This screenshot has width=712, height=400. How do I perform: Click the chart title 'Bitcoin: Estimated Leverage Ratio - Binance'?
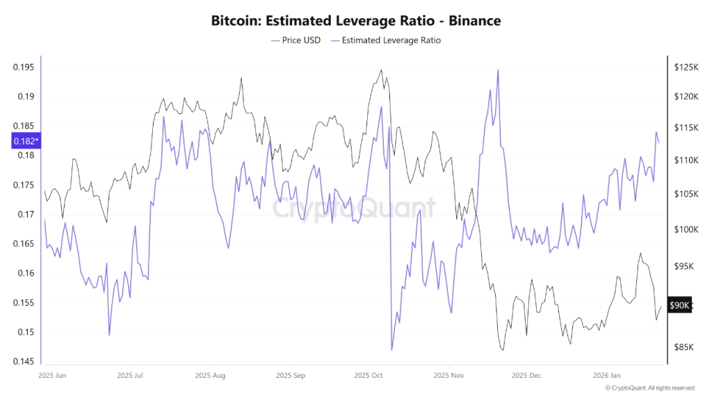pyautogui.click(x=355, y=21)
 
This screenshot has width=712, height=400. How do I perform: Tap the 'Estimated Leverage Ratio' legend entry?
pyautogui.click(x=386, y=40)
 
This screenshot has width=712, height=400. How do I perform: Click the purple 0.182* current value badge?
pyautogui.click(x=26, y=142)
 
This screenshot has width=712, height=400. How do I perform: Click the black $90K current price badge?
pyautogui.click(x=679, y=306)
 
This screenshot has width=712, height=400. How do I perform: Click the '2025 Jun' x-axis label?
pyautogui.click(x=53, y=375)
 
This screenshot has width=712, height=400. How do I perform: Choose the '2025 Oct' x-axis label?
pyautogui.click(x=369, y=375)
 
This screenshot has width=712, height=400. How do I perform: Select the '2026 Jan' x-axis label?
pyautogui.click(x=606, y=375)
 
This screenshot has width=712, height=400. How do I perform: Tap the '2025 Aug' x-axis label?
pyautogui.click(x=211, y=375)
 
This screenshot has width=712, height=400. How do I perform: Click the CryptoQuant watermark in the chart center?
pyautogui.click(x=354, y=208)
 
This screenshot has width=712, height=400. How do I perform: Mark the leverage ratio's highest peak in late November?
pyautogui.click(x=498, y=69)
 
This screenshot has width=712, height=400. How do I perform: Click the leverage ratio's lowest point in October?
pyautogui.click(x=392, y=350)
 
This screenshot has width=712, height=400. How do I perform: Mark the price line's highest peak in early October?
pyautogui.click(x=380, y=70)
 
